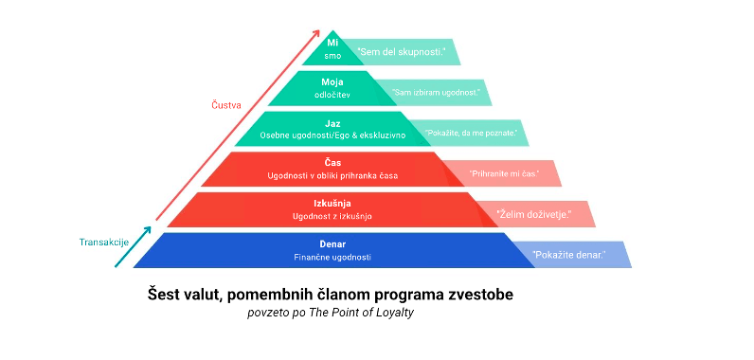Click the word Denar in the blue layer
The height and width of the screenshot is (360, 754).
(x=332, y=243)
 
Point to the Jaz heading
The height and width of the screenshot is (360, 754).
(x=332, y=123)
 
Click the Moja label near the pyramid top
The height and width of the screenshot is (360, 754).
(x=332, y=82)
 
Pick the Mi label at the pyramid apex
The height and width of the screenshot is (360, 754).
(x=332, y=43)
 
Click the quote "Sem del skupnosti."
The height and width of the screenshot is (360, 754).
(x=401, y=51)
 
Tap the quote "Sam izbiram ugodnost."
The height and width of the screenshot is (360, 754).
(x=436, y=92)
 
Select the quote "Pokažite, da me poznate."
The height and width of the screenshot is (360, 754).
(x=470, y=133)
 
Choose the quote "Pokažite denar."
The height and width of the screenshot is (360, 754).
(x=568, y=254)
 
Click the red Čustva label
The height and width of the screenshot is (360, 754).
(x=226, y=105)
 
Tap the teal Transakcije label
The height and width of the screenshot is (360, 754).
(x=104, y=243)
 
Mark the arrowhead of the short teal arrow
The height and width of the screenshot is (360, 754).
(x=147, y=230)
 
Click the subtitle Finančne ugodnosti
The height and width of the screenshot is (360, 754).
(x=332, y=257)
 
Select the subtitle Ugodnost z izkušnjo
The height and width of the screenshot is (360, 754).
(x=332, y=216)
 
